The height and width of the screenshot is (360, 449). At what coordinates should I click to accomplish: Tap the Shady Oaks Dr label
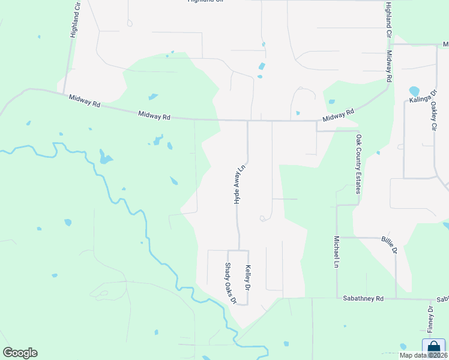(x=231, y=283)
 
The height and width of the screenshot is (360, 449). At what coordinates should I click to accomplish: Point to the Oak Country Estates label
(x=358, y=164)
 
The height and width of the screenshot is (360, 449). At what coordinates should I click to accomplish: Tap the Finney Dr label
(x=430, y=319)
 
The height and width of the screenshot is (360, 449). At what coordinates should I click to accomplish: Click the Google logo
(x=20, y=353)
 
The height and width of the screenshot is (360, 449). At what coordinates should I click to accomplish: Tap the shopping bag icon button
(x=433, y=347)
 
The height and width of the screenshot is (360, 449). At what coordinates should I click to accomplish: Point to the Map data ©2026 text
(x=423, y=356)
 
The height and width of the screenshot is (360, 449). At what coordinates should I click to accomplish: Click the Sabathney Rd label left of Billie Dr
(x=363, y=298)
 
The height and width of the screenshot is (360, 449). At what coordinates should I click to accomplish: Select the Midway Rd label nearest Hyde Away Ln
(x=154, y=115)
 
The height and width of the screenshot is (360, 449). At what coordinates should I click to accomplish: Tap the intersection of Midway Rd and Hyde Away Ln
(x=247, y=121)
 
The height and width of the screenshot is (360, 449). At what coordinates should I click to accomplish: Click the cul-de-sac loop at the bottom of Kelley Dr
(x=241, y=304)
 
